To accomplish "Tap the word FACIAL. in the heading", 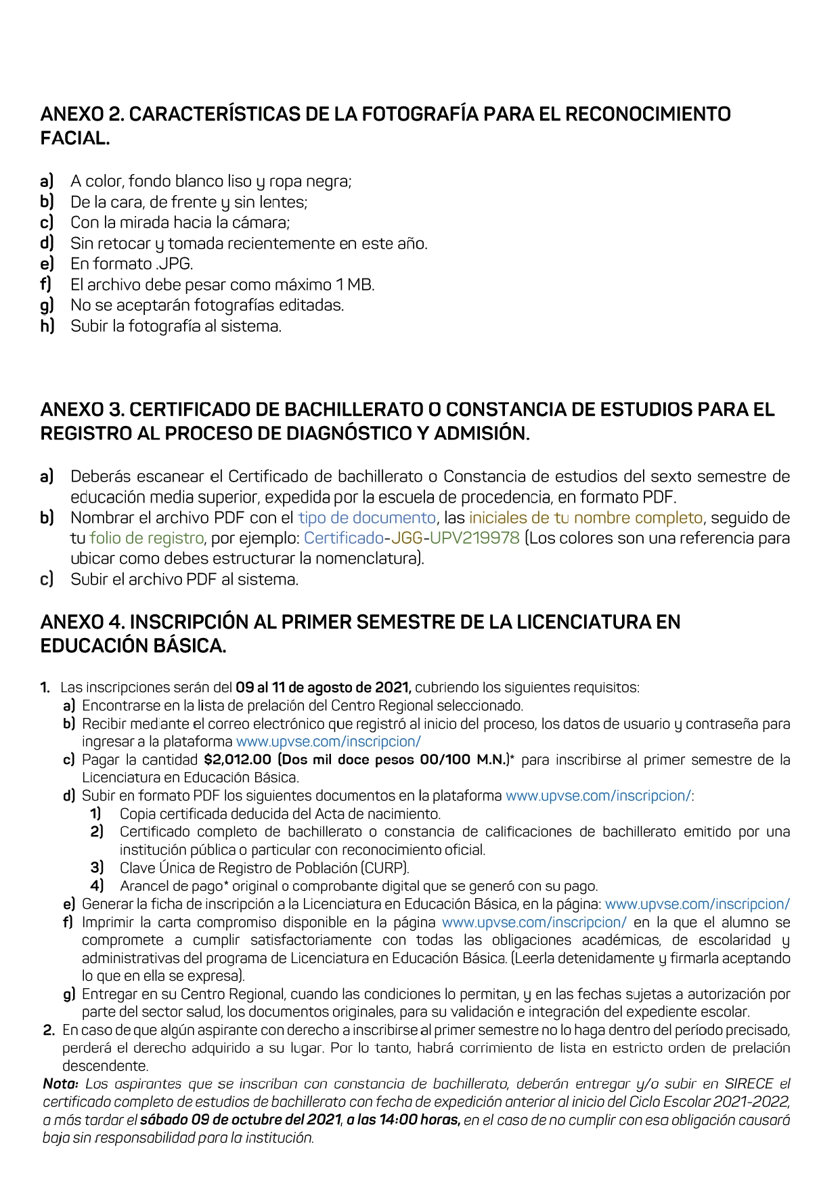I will tap(74, 138).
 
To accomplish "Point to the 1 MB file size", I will tap(355, 284).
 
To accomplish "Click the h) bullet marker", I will tap(47, 326).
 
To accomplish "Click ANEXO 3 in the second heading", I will tap(82, 409).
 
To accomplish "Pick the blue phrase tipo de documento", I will tap(367, 517).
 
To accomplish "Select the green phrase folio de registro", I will tap(146, 538).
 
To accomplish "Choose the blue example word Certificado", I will tap(343, 538).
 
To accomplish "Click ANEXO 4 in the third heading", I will tap(82, 622).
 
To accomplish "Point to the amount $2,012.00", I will tap(237, 759).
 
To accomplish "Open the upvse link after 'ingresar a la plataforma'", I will tap(328, 742).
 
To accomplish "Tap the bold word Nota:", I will tap(61, 1084).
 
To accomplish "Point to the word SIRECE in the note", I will tap(749, 1084).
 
